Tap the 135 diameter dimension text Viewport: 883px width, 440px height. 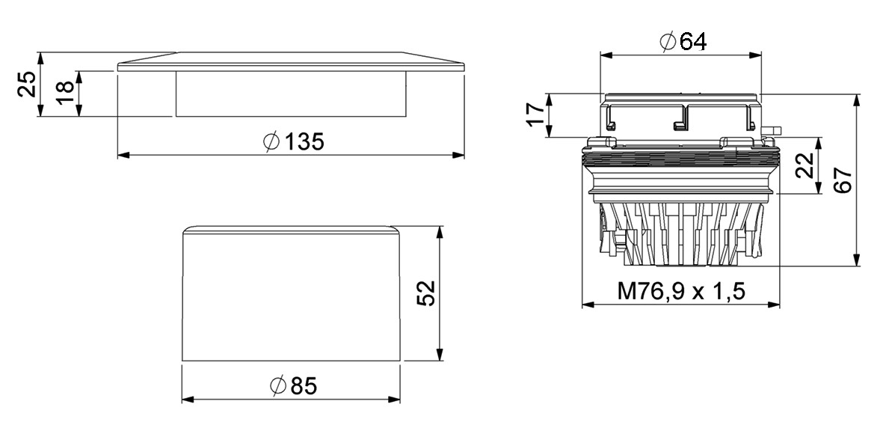(304, 141)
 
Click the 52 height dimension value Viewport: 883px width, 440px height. (428, 293)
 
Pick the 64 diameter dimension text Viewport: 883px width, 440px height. (692, 41)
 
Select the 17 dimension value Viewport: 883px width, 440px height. (538, 115)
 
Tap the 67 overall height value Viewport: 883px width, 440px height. (843, 180)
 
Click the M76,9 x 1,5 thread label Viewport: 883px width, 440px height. (681, 291)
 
